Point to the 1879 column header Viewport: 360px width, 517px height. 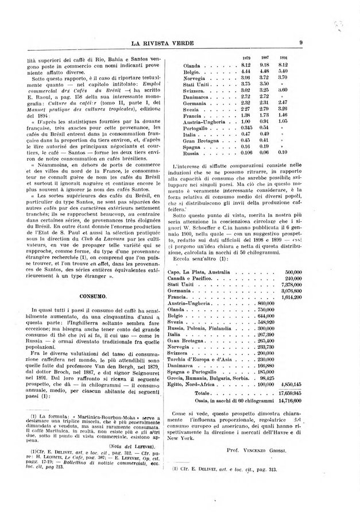tap(247, 59)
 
